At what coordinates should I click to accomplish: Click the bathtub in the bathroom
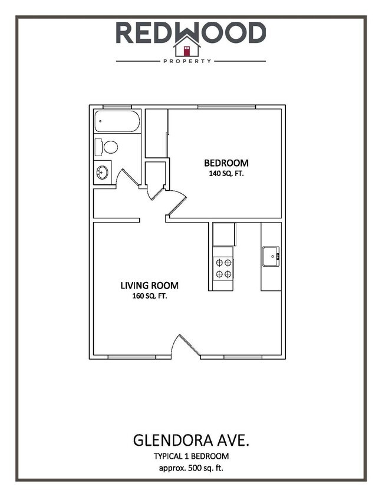[117, 122]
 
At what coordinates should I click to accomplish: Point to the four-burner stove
[223, 269]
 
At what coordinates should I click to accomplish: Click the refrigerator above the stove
[223, 234]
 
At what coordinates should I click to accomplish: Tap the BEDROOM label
[226, 163]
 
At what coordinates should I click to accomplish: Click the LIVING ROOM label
[149, 286]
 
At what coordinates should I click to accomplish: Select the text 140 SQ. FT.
[226, 174]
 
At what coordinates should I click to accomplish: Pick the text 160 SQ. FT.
[149, 296]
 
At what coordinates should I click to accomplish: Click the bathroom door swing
[127, 178]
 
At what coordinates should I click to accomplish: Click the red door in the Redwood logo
[186, 51]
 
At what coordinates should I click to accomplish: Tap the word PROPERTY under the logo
[190, 61]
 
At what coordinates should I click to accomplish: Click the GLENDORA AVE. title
[190, 441]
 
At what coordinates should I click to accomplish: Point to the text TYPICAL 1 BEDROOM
[190, 456]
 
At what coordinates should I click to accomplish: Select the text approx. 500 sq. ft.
[190, 468]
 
